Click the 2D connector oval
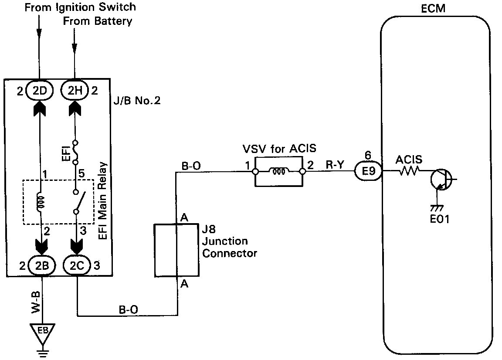[x=39, y=90]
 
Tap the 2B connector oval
[x=42, y=265]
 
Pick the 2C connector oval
[x=77, y=265]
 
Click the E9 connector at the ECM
[x=369, y=171]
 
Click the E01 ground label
[x=440, y=219]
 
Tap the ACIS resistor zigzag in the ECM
[x=409, y=171]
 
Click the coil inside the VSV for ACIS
[x=278, y=171]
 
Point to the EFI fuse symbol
[x=75, y=152]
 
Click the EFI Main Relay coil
[x=41, y=202]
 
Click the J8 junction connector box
[x=176, y=250]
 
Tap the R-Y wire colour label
[x=335, y=165]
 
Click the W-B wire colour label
[x=36, y=302]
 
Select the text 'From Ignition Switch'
[x=80, y=7]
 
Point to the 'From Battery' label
[x=97, y=21]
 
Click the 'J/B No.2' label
[x=137, y=101]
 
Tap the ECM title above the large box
[x=433, y=9]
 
